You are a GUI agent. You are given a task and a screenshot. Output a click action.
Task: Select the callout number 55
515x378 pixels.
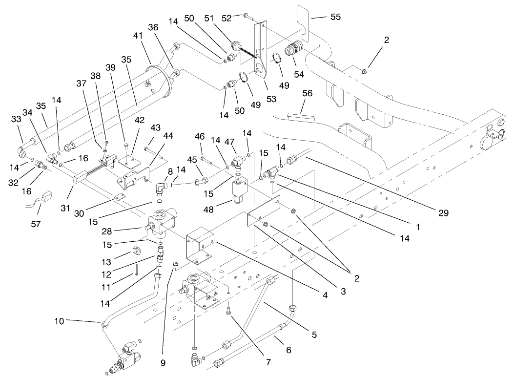[335, 17]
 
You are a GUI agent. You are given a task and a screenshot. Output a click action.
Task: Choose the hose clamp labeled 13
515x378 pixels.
[137, 252]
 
